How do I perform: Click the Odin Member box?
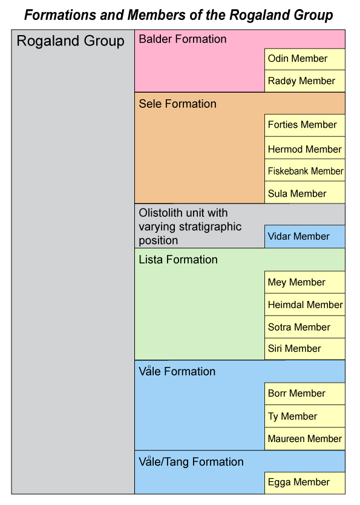tap(305, 59)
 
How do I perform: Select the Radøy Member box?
tap(305, 81)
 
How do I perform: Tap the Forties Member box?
tap(305, 125)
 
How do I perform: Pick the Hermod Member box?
tap(305, 148)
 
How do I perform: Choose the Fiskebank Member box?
tap(305, 170)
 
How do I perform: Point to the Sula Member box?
tap(305, 193)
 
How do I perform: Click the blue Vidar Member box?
tap(305, 236)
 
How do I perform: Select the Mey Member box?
tap(305, 282)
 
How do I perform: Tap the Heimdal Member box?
tap(305, 305)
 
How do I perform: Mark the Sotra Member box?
tap(305, 327)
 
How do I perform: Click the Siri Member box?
tap(305, 349)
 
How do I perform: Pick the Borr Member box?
tap(305, 394)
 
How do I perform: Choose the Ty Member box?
tap(305, 416)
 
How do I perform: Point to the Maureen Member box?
tap(305, 438)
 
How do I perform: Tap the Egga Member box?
tap(305, 483)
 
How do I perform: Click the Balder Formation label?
tap(182, 39)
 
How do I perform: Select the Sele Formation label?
tap(177, 104)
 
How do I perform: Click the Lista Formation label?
tap(178, 260)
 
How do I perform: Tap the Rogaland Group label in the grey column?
tap(70, 42)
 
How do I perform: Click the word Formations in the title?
tap(60, 15)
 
